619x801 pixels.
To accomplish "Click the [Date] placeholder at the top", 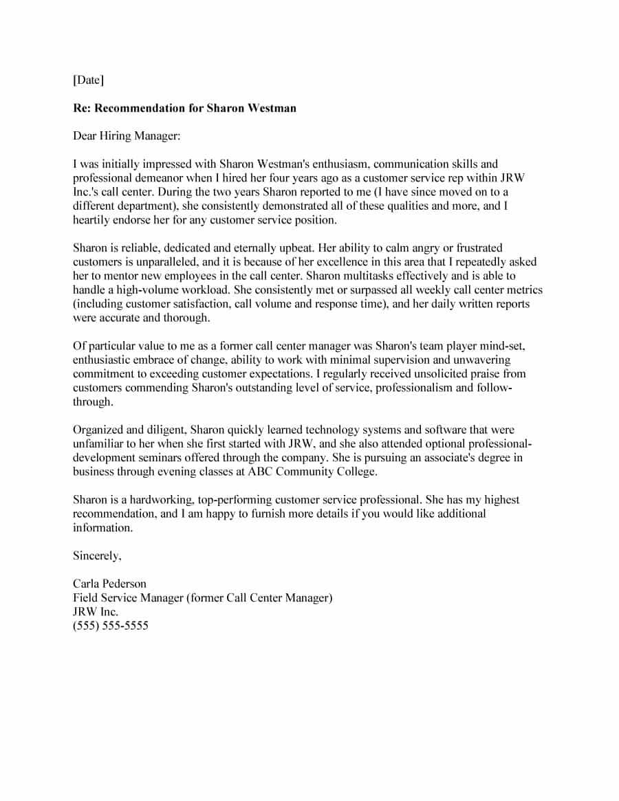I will pyautogui.click(x=89, y=80).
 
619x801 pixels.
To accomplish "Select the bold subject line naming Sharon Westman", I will pyautogui.click(x=184, y=108).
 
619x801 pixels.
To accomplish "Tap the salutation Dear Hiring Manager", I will pyautogui.click(x=127, y=136).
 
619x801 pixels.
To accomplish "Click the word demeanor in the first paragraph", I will pyautogui.click(x=159, y=178).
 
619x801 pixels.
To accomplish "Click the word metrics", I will pyautogui.click(x=523, y=290).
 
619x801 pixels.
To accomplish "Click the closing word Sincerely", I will pyautogui.click(x=97, y=556).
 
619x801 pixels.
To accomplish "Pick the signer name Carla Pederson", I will pyautogui.click(x=109, y=584).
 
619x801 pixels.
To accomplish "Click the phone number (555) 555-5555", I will pyautogui.click(x=111, y=626).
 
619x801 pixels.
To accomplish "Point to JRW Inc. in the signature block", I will pyautogui.click(x=96, y=612).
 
